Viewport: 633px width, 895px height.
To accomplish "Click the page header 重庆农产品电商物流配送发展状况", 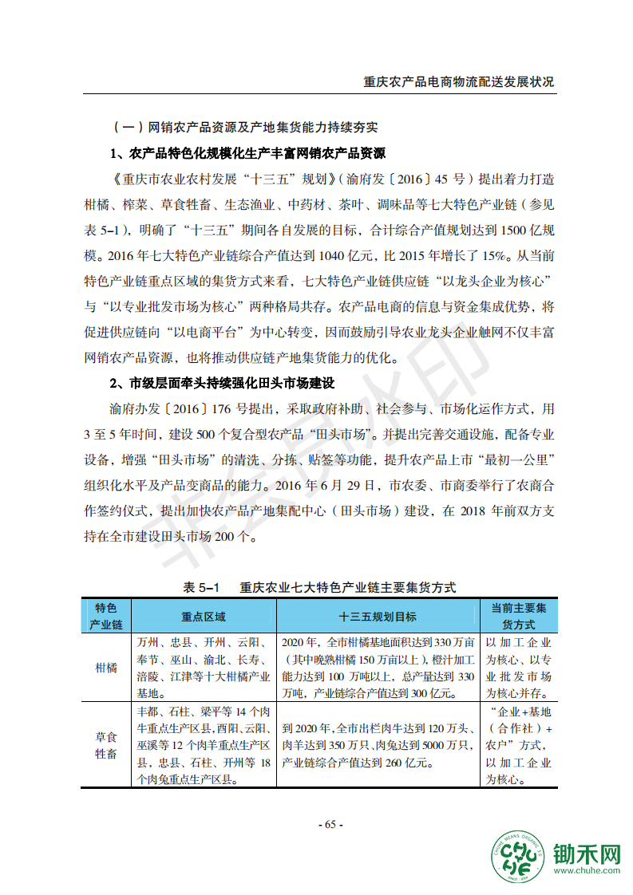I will click(x=458, y=82).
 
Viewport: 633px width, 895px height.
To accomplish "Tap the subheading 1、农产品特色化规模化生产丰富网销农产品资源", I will click(x=247, y=153).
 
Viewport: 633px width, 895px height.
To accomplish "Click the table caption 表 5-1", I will click(x=200, y=587).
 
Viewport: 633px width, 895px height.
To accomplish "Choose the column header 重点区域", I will click(x=204, y=617).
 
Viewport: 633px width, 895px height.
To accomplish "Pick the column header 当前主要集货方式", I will click(x=519, y=617).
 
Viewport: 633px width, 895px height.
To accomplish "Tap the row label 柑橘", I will click(x=106, y=668).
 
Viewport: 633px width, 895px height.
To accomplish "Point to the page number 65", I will click(x=330, y=824).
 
